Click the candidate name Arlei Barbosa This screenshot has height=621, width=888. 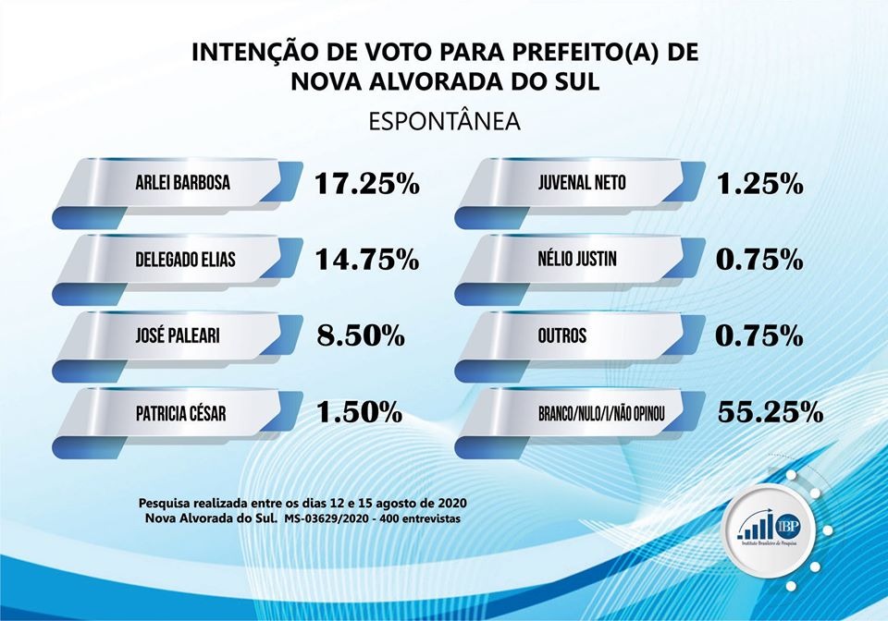tap(181, 184)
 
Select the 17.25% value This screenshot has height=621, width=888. tap(366, 184)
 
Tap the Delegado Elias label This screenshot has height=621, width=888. tap(185, 260)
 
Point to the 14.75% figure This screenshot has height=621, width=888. tap(366, 260)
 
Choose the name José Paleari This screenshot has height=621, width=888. tap(175, 335)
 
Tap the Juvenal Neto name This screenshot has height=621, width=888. tap(581, 184)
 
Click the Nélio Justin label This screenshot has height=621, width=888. tap(577, 260)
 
